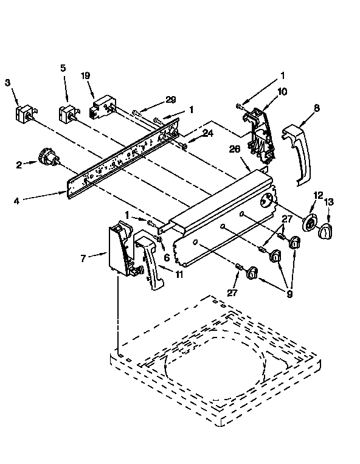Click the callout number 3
coord(8,83)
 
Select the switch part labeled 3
coord(24,115)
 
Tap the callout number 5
coord(63,68)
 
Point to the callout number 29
coord(170,100)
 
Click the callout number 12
coord(317,195)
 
